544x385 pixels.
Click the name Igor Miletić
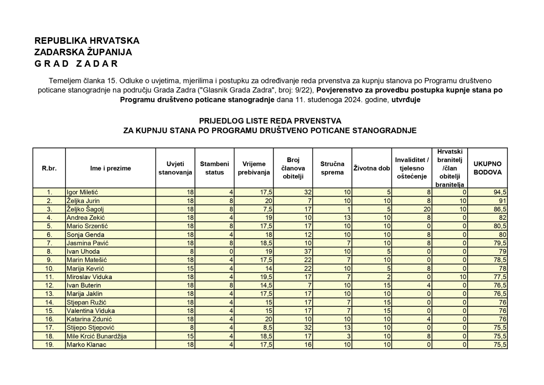[82, 192]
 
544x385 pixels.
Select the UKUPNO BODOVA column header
[487, 168]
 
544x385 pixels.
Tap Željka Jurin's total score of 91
[502, 201]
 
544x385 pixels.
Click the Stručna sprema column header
[332, 168]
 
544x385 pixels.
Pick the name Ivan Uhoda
[83, 252]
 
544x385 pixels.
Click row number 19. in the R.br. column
[49, 345]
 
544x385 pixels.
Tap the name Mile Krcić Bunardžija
[96, 336]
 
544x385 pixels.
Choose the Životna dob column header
[372, 168]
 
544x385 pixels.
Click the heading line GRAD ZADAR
[76, 64]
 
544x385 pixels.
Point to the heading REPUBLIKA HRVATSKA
[87, 41]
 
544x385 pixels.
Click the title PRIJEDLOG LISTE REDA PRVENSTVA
[270, 121]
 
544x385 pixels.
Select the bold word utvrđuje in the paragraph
[406, 100]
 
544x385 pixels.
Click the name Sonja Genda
[85, 235]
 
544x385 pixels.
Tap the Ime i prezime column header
[111, 168]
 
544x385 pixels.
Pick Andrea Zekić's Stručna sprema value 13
[347, 218]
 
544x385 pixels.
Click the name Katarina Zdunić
[89, 319]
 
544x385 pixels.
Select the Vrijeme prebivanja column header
[254, 168]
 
